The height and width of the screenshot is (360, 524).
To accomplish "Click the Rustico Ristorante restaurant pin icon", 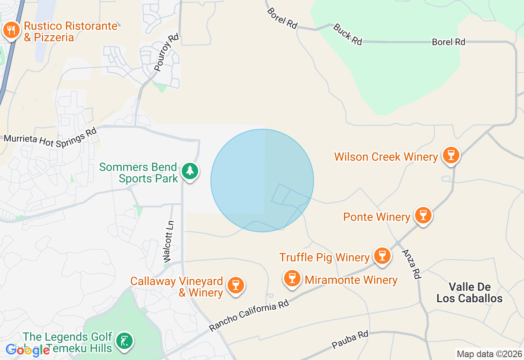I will click(11, 31).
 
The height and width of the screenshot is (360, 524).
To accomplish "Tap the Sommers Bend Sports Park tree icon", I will click(190, 171).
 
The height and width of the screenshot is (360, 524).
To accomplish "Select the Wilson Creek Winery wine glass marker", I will click(451, 155).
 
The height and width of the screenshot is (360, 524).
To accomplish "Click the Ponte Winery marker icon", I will click(423, 215).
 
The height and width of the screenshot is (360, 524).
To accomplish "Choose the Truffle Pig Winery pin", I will click(382, 256).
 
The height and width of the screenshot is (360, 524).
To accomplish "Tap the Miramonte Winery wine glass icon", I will click(292, 279).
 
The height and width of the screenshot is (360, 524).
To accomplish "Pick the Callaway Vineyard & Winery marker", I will click(235, 286).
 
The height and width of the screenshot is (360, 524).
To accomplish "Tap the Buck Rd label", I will click(348, 34).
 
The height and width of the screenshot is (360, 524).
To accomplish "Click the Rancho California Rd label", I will click(249, 315).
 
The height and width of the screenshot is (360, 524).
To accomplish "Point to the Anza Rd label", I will click(411, 264).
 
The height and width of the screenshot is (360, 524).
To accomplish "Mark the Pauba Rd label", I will click(350, 340).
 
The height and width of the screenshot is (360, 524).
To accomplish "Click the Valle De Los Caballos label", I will click(470, 292).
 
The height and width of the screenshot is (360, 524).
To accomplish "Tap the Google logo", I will click(28, 350).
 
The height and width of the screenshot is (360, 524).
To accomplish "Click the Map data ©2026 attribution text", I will click(489, 354).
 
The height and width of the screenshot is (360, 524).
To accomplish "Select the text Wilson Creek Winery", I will click(386, 157).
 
